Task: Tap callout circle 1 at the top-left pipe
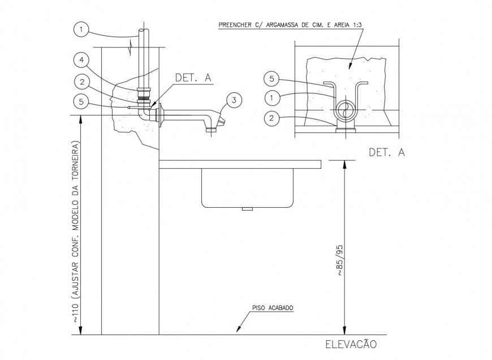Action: pos(81,29)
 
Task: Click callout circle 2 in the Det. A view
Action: pos(273,118)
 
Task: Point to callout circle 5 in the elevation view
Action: pos(81,102)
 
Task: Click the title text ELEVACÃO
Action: pos(351,344)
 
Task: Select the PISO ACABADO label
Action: pos(273,308)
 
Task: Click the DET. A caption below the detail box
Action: pos(386,152)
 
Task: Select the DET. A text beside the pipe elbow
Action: pos(193,78)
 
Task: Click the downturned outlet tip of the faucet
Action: pos(212,130)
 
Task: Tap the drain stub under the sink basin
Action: pos(247,209)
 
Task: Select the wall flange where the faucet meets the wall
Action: pos(160,117)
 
